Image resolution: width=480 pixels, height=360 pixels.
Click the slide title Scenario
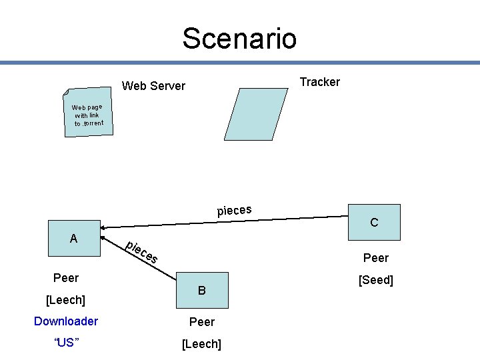[239, 38]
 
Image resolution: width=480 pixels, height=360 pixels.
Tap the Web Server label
[154, 85]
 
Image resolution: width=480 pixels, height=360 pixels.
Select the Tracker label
[319, 82]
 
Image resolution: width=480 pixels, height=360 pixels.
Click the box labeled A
[73, 238]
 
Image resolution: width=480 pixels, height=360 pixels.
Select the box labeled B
[202, 290]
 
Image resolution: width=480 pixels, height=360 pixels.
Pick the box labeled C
[374, 222]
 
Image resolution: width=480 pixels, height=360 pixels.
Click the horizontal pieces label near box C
[234, 211]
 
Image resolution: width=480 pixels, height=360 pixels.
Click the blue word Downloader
[66, 321]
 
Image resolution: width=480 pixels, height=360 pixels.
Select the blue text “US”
[66, 343]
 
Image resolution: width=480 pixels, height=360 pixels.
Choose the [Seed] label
[376, 280]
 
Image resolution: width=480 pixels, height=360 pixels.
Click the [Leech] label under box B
[202, 343]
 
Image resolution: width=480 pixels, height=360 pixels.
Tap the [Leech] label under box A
[65, 301]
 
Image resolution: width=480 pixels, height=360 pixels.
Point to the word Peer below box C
[376, 257]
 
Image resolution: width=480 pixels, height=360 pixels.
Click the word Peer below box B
[202, 322]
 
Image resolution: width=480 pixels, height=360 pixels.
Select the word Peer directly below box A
[66, 278]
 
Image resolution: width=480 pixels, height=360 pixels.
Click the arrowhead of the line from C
[104, 227]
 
